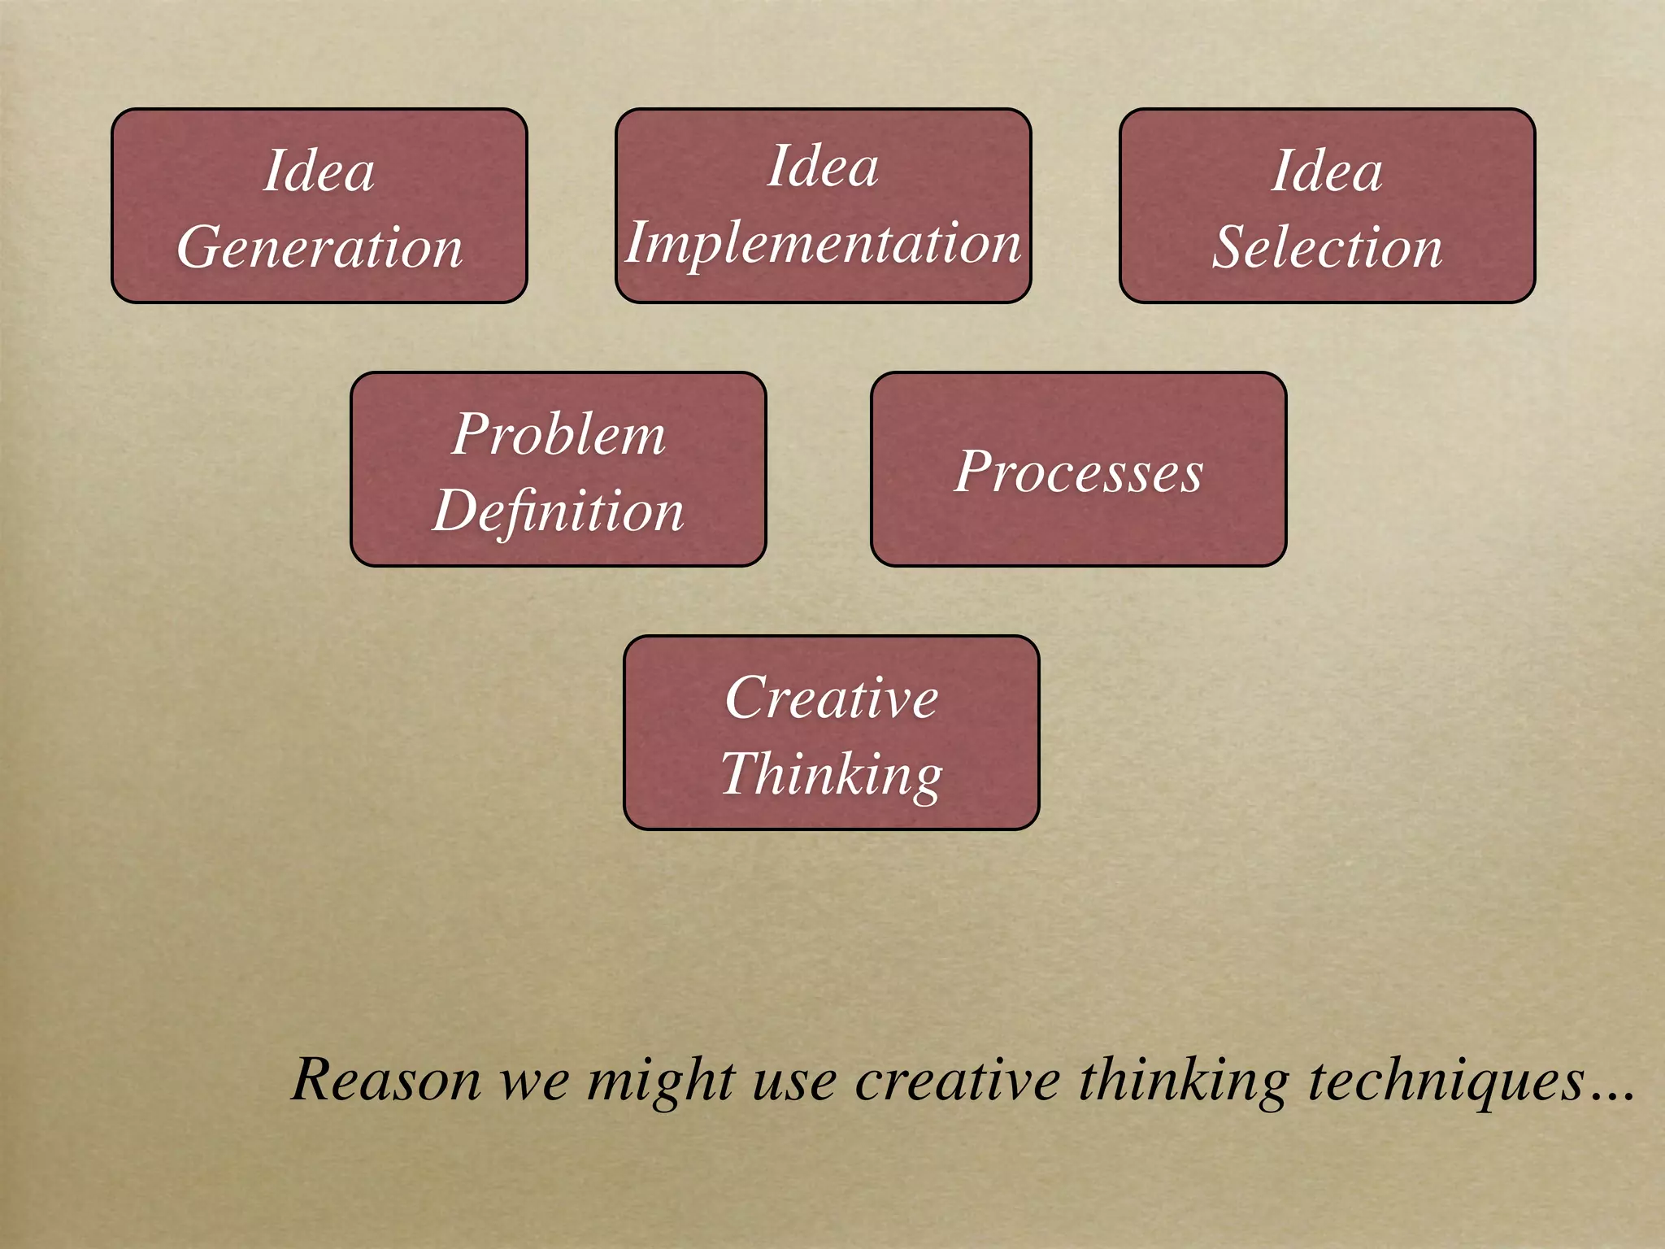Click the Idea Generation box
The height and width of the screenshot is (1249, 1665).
[x=319, y=206]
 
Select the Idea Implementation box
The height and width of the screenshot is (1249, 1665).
[x=823, y=206]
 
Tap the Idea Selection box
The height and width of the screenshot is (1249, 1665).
[x=1327, y=206]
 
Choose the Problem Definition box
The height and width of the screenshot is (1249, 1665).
[x=558, y=469]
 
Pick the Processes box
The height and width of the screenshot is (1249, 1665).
[x=1078, y=469]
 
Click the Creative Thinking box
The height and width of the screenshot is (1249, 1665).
[x=831, y=733]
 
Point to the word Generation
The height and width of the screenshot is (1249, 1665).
[x=320, y=247]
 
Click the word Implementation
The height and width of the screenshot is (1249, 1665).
[x=823, y=243]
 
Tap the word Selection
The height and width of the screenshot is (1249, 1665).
[x=1327, y=247]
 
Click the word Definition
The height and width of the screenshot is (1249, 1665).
[x=558, y=511]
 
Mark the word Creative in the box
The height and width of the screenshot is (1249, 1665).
[x=831, y=698]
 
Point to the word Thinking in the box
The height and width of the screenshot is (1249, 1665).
[x=831, y=774]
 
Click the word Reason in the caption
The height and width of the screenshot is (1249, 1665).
[x=386, y=1080]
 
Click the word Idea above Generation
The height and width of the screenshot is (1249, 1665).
[x=319, y=171]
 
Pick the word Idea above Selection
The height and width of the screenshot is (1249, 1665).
[x=1327, y=171]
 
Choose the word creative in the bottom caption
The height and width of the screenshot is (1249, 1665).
[x=957, y=1080]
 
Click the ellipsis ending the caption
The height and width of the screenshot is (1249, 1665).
[x=1611, y=1095]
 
